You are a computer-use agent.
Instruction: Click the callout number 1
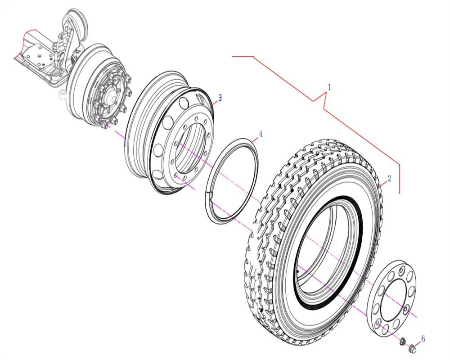click(329, 87)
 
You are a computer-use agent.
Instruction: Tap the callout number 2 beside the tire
click(389, 178)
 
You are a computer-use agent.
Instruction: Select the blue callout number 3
click(220, 98)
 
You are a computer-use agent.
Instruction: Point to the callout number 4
click(261, 134)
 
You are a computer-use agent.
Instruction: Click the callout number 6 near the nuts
click(423, 339)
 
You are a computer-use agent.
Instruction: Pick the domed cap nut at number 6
click(412, 348)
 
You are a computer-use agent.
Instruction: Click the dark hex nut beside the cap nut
click(403, 342)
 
